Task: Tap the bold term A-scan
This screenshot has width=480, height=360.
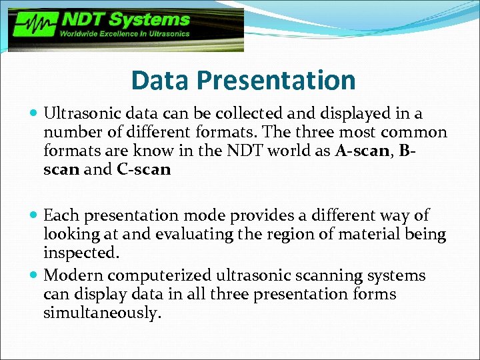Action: (x=363, y=151)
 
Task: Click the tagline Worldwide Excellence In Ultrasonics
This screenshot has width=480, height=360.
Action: (x=125, y=33)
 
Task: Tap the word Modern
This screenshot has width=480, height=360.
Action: (x=73, y=275)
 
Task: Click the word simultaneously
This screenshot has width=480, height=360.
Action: (x=102, y=313)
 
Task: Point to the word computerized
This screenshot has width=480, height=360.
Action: (x=157, y=275)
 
